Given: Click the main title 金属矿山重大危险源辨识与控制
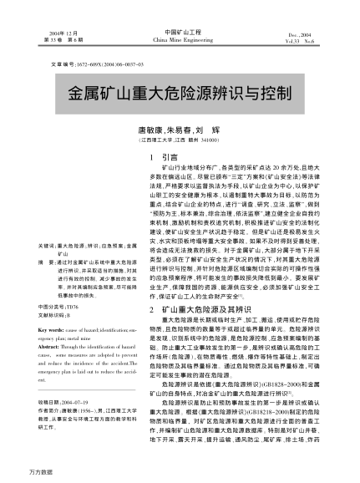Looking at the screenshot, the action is point(180,90).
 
